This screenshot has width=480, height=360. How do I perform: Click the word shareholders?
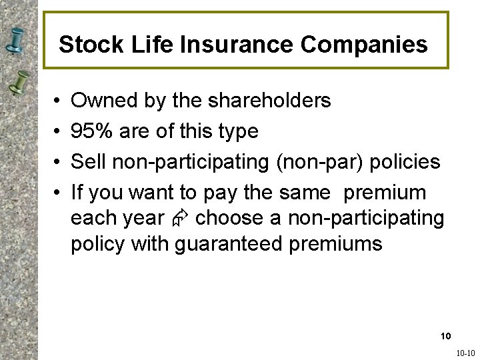click(269, 101)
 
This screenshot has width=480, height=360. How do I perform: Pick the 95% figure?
click(92, 131)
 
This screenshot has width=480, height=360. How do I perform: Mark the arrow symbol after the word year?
click(180, 219)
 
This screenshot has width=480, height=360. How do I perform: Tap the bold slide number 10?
click(446, 335)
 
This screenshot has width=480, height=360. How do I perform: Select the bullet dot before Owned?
click(58, 101)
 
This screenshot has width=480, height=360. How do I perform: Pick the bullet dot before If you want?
click(58, 193)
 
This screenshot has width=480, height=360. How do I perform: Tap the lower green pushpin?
click(21, 83)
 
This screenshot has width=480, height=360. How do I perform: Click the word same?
click(305, 193)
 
